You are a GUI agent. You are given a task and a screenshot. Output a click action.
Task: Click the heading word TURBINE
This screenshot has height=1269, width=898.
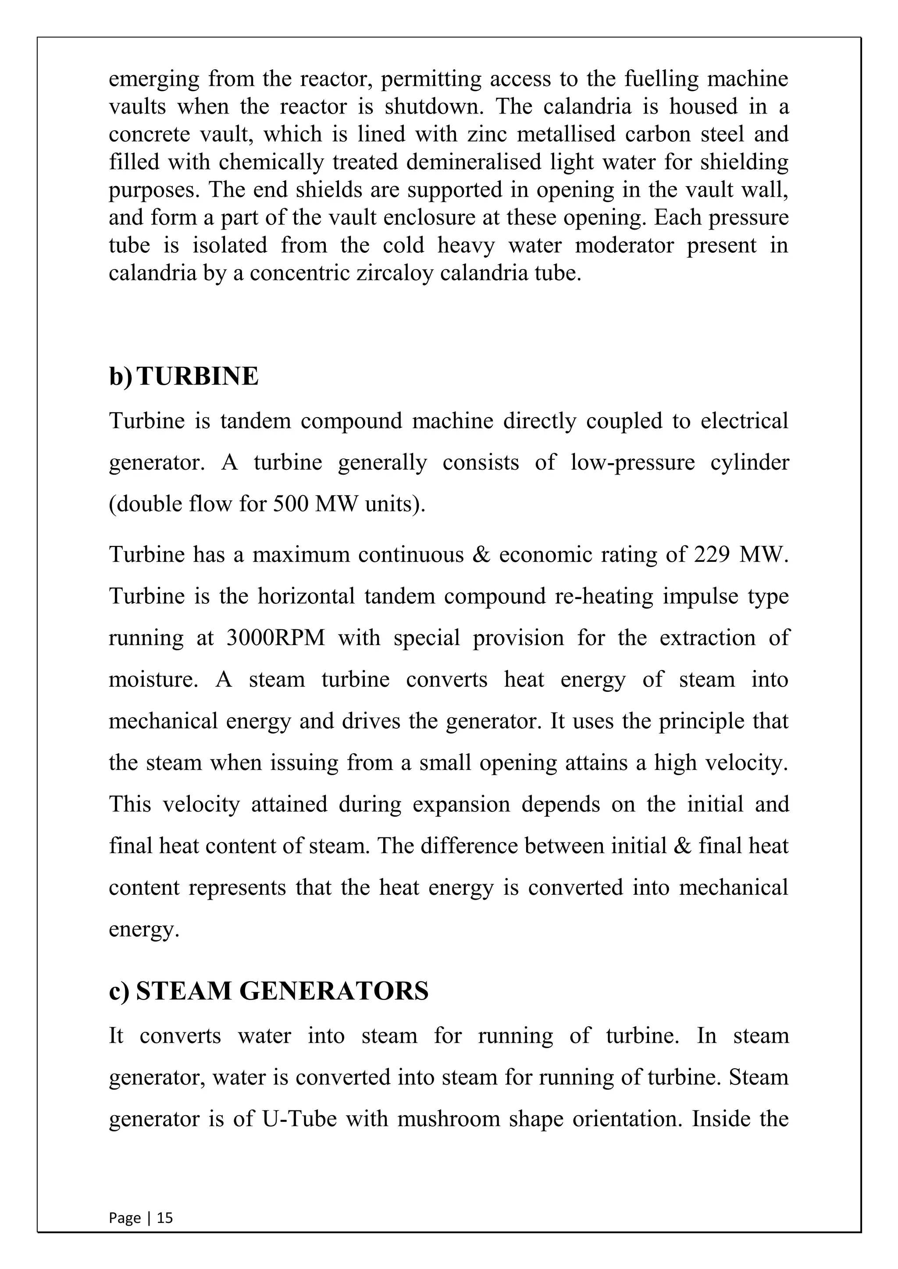pyautogui.click(x=197, y=376)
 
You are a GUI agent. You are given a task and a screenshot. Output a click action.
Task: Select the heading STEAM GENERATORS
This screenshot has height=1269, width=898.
pyautogui.click(x=282, y=991)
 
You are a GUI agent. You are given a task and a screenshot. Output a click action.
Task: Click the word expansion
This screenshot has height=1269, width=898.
pyautogui.click(x=461, y=804)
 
